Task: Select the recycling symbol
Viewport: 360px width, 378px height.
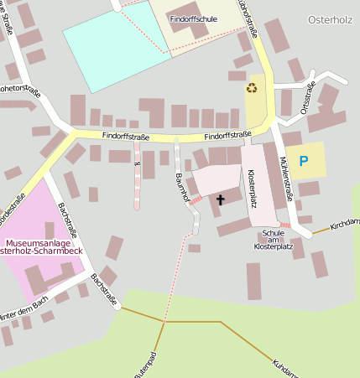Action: coord(252,86)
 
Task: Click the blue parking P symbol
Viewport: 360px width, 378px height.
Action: coord(304,160)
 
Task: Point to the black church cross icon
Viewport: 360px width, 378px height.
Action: coord(221,199)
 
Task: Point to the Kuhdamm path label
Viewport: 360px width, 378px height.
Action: coord(284,368)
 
